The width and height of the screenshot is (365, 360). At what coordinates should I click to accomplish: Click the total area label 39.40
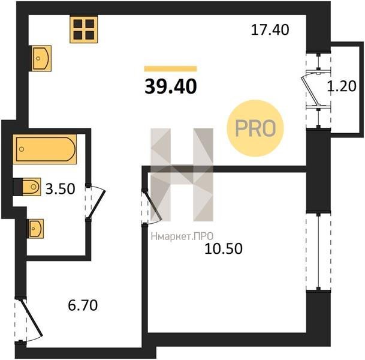[171, 86]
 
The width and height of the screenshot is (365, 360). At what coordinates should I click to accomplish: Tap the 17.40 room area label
[270, 30]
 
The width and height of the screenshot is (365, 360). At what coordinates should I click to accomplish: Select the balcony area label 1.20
[342, 86]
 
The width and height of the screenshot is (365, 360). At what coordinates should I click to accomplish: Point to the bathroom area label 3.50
[60, 189]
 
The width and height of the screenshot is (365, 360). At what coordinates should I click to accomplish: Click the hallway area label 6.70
[83, 305]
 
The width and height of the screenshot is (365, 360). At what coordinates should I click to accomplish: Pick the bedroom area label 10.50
[224, 248]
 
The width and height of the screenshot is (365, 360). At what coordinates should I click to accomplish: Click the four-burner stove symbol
[83, 29]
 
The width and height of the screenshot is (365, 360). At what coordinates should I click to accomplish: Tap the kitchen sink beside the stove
[40, 58]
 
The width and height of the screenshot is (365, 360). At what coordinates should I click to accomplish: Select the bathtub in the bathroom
[45, 149]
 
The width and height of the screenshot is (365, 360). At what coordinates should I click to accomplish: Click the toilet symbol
[27, 187]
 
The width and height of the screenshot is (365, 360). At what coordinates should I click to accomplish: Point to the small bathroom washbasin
[35, 229]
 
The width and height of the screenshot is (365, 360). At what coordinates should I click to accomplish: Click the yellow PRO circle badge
[255, 128]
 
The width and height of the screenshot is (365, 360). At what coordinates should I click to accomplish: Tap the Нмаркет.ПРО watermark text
[182, 236]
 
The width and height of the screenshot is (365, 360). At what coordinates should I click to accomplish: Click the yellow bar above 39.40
[170, 69]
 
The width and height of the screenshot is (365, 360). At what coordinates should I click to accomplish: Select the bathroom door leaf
[96, 205]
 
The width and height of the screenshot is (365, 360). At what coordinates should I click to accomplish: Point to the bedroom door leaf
[153, 206]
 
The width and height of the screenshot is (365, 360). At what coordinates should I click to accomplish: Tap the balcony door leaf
[310, 91]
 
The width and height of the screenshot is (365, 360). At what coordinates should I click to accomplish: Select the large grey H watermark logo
[182, 175]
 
